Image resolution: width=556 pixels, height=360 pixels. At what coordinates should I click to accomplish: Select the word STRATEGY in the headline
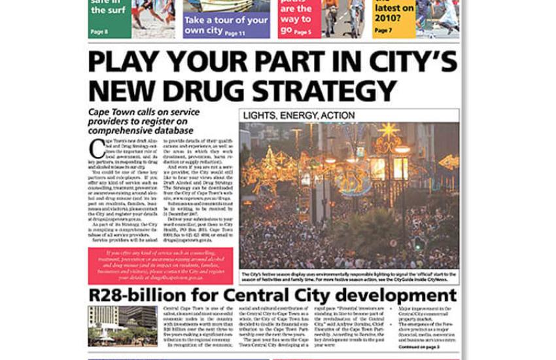[x=326, y=90]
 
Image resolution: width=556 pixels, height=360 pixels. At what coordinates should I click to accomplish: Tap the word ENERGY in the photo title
[x=299, y=116]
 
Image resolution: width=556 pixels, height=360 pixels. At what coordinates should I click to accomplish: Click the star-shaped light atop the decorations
[x=387, y=130]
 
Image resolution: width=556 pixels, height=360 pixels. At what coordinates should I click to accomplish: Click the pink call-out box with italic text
[x=160, y=266]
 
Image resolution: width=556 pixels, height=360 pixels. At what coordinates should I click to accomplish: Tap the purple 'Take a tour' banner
[x=226, y=26]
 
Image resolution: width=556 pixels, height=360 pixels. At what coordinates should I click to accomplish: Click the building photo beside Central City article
[x=122, y=326]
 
